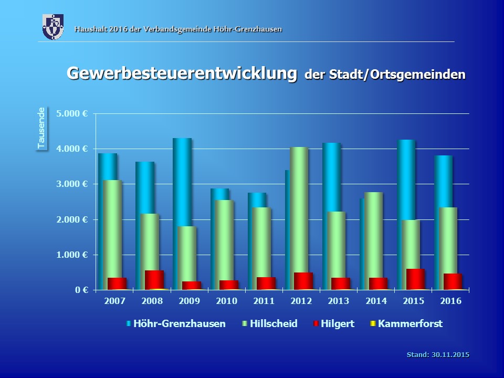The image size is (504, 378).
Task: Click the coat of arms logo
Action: [x=53, y=27]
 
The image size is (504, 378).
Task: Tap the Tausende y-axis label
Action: [x=41, y=128]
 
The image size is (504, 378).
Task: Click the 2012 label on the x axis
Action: [x=301, y=301]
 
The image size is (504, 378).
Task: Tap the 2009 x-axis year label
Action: [x=190, y=301]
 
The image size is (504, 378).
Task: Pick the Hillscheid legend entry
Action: [x=273, y=324]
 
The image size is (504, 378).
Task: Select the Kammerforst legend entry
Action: [x=410, y=324]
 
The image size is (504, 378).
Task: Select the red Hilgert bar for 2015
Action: [x=415, y=279]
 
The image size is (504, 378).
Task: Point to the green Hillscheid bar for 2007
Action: [x=112, y=226]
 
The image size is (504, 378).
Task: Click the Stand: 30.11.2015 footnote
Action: [x=438, y=355]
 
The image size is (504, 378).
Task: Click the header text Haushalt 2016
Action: [x=178, y=29]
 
